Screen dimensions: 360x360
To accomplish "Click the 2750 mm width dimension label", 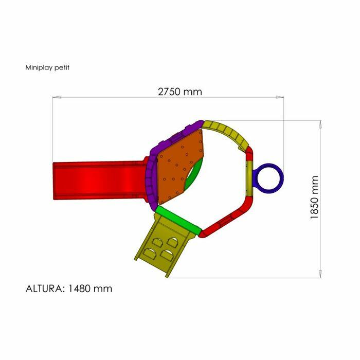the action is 180,92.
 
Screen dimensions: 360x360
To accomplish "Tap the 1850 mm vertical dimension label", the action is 314,197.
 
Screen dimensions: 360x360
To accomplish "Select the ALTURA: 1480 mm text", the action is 69,289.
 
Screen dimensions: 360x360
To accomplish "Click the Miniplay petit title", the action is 47,67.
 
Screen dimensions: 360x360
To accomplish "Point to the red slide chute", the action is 100,181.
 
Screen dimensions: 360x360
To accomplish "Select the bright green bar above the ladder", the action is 178,219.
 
